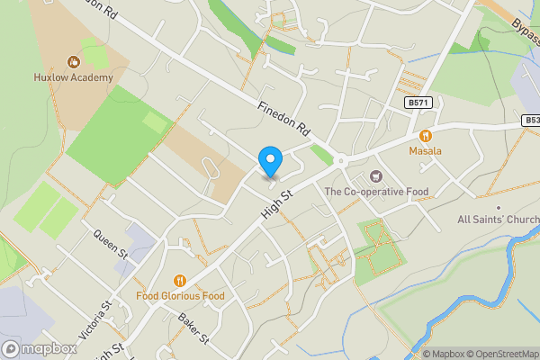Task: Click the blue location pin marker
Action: pos(270,161)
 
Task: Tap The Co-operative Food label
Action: pos(375,191)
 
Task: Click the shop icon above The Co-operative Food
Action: pos(375,176)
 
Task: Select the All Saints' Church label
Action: pos(498,220)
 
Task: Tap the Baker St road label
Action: pos(193,328)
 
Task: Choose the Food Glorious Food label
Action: pos(180,295)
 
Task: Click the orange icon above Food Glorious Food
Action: pos(180,280)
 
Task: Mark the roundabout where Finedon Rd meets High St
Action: pos(342,162)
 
